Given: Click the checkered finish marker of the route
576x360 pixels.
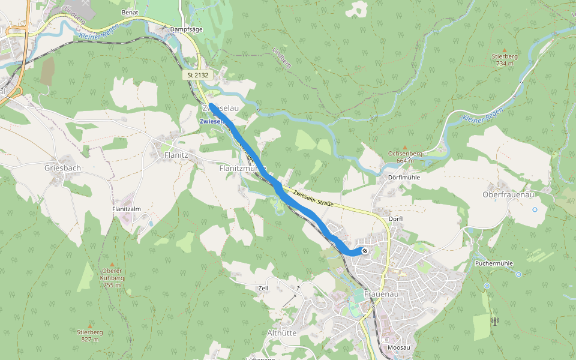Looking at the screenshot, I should point(364,250).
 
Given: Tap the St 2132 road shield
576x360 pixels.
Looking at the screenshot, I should point(197,75).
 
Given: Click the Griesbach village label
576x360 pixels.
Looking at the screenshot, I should point(62,168).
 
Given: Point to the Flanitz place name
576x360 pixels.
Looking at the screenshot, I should point(176,155).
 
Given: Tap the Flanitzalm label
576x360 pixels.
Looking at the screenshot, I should point(126,209).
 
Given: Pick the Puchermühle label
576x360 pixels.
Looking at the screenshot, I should point(493,263).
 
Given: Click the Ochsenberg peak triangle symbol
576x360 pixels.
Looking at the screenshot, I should point(404,147).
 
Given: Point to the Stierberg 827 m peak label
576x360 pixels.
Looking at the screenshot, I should point(90,335).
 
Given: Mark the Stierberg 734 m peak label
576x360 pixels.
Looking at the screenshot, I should point(504,59).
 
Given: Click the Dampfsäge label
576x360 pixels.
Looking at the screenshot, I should point(184,28).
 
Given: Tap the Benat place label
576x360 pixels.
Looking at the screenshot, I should point(130,12).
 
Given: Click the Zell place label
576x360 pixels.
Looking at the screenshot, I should point(263,288).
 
